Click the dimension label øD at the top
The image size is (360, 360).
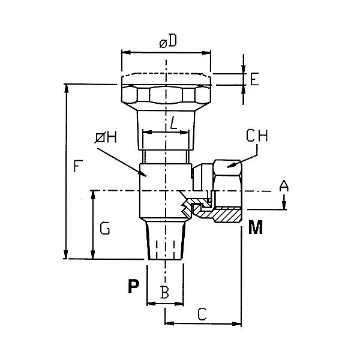click(x=167, y=43)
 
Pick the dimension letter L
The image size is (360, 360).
click(x=173, y=124)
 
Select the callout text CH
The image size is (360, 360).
click(x=257, y=137)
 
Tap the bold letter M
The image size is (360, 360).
click(x=255, y=228)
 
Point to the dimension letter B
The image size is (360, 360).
click(x=164, y=293)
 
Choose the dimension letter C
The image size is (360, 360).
click(x=202, y=313)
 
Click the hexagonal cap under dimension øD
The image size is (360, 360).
click(x=166, y=95)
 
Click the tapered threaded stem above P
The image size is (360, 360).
click(x=165, y=240)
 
